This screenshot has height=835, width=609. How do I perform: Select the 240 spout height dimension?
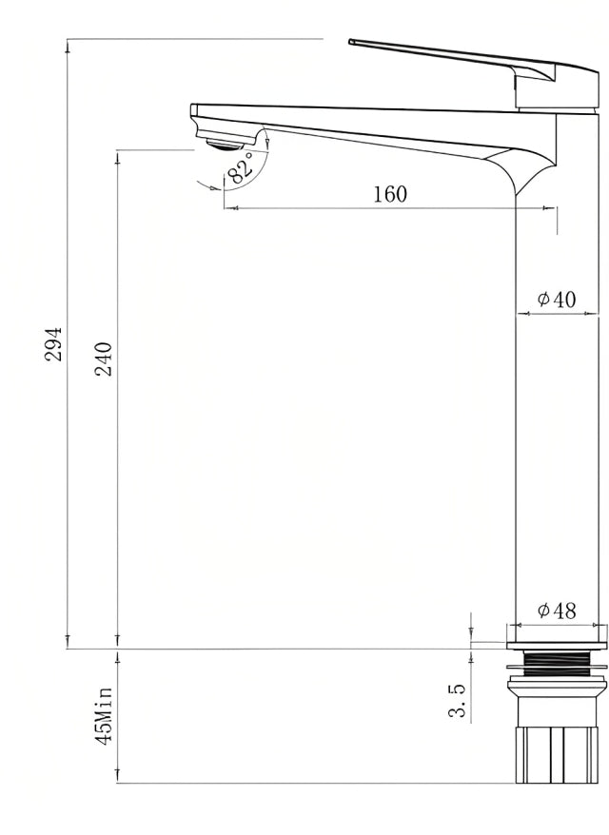click(104, 359)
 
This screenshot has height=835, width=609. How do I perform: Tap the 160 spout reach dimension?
click(389, 195)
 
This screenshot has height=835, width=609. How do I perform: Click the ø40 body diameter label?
click(557, 300)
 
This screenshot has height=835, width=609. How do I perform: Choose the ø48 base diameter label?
click(557, 611)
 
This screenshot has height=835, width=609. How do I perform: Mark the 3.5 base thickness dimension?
click(457, 699)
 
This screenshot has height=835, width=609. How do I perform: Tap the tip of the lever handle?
click(352, 42)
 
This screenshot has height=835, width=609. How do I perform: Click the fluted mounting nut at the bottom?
click(557, 751)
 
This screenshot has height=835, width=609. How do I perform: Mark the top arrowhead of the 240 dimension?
click(118, 154)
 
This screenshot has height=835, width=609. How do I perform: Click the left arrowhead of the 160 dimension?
click(228, 207)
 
